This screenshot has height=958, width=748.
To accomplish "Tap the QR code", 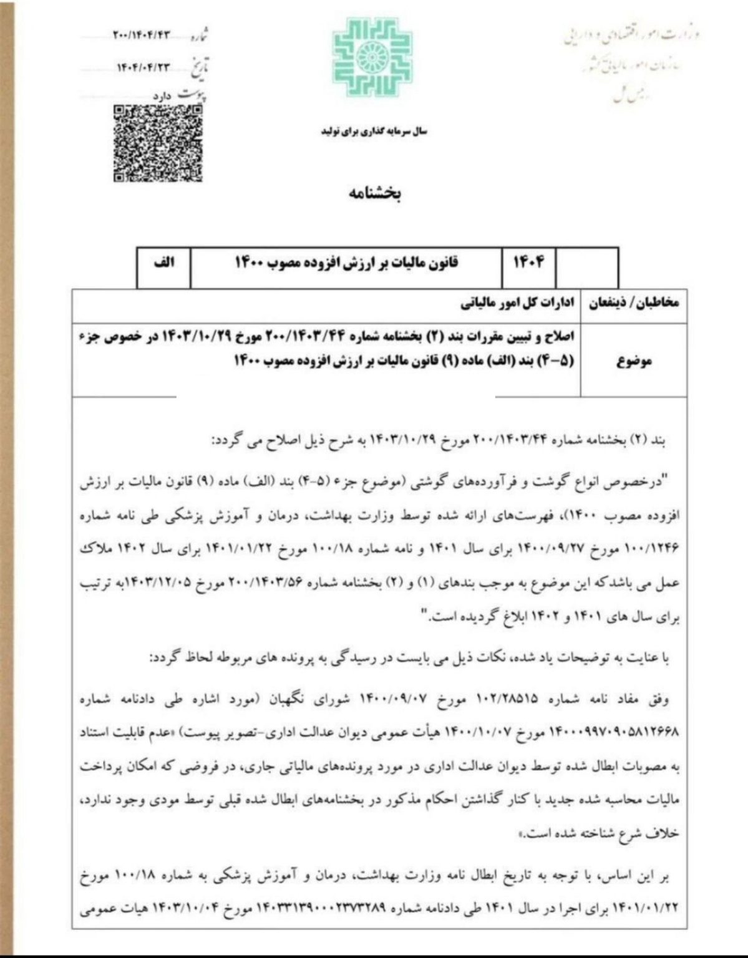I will pyautogui.click(x=158, y=143).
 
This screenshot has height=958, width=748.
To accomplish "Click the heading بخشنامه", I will pyautogui.click(x=374, y=193).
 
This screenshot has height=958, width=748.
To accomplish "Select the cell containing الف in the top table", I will pyautogui.click(x=163, y=263).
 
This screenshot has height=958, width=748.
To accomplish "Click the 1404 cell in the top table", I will pyautogui.click(x=528, y=263).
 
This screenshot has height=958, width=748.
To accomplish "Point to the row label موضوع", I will pyautogui.click(x=634, y=361).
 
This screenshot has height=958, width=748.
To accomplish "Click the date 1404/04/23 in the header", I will pyautogui.click(x=143, y=67).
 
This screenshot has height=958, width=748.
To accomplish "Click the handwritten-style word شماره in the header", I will pyautogui.click(x=199, y=36).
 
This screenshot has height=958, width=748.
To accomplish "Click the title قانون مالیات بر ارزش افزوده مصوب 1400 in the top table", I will pyautogui.click(x=346, y=263).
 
